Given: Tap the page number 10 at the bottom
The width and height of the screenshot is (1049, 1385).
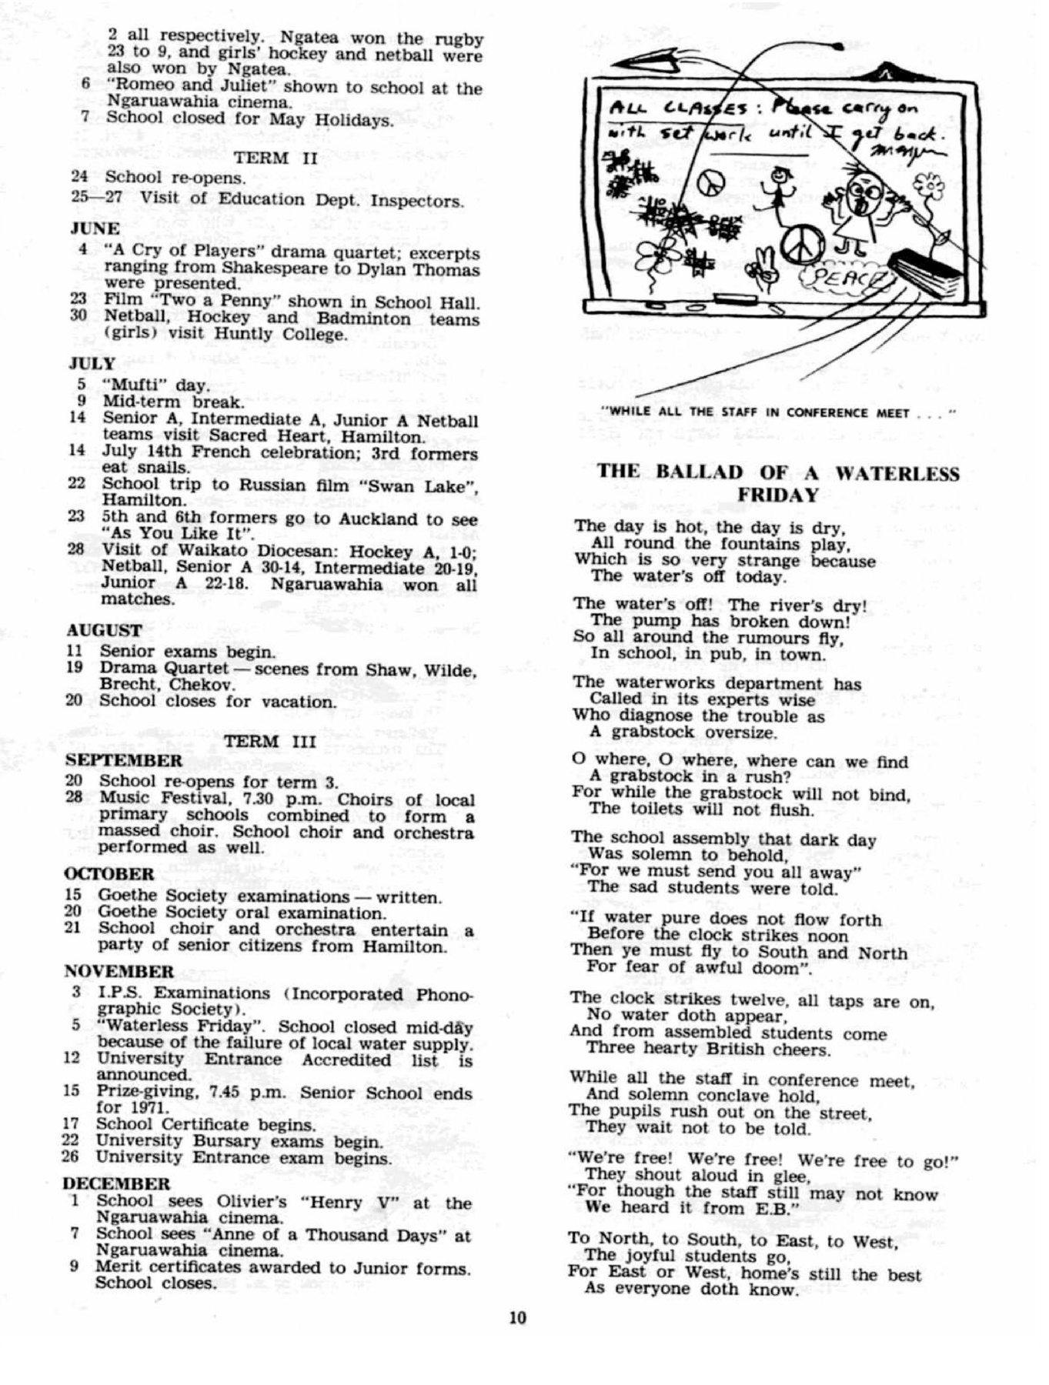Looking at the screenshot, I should click(517, 1318).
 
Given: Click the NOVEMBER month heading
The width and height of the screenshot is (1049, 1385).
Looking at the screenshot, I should click(119, 971).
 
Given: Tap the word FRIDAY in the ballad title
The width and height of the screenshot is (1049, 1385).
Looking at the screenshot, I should click(777, 495).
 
